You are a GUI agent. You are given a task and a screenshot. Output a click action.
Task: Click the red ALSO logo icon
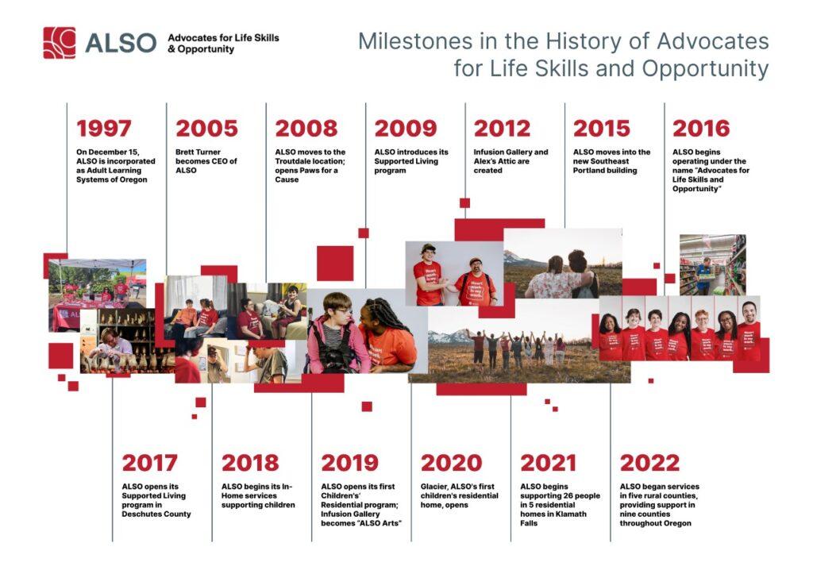tap(60, 43)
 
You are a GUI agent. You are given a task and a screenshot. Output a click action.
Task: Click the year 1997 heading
tap(104, 129)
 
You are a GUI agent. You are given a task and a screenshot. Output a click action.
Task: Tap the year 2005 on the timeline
tap(206, 129)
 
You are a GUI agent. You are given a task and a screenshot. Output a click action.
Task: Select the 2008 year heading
tap(306, 129)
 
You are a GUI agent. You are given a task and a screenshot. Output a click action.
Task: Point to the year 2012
tap(502, 129)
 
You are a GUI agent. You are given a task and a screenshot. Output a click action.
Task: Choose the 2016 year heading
tap(700, 129)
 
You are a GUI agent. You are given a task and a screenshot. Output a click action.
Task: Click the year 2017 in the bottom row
tap(150, 463)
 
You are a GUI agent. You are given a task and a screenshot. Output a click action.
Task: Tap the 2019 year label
tap(349, 463)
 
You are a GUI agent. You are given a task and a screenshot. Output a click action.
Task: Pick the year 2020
tap(451, 463)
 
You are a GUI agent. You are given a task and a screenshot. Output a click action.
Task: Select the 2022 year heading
tap(649, 463)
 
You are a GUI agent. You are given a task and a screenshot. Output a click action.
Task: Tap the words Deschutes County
tap(156, 514)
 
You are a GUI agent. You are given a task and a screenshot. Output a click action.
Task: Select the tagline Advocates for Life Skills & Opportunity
tap(223, 43)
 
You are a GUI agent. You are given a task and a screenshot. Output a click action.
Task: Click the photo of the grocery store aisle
tap(712, 264)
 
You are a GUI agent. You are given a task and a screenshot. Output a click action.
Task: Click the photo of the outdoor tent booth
tap(97, 286)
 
